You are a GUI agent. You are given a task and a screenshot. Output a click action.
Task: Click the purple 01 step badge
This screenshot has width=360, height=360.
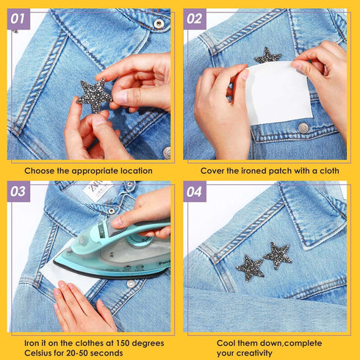[18, 19]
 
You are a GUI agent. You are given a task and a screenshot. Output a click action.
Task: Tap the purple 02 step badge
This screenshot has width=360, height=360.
[195, 19]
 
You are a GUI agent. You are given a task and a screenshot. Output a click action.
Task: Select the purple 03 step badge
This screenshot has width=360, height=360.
[18, 192]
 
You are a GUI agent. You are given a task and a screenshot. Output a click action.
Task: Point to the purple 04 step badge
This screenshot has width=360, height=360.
[195, 192]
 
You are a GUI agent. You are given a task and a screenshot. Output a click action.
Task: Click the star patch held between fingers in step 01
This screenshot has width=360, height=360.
[95, 95]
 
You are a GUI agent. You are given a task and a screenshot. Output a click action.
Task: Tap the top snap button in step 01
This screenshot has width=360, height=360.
[159, 24]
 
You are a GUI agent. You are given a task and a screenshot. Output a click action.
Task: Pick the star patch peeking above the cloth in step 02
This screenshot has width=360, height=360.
[267, 56]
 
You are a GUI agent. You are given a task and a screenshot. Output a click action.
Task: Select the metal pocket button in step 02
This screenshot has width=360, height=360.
[303, 128]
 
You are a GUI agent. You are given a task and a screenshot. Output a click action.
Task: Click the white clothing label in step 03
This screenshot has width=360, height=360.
[97, 190]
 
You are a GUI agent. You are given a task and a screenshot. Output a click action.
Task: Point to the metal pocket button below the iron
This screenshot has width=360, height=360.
[131, 284]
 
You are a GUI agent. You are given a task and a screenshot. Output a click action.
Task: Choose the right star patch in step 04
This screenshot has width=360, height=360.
[278, 256]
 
